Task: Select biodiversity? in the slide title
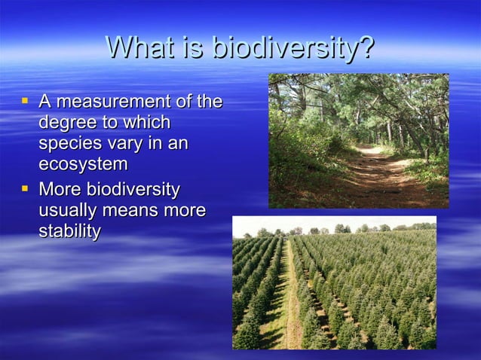tap(293, 48)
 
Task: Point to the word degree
tap(66, 122)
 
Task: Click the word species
tap(69, 143)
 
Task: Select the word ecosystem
tap(83, 164)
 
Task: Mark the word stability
tap(69, 231)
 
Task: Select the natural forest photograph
tap(358, 140)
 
